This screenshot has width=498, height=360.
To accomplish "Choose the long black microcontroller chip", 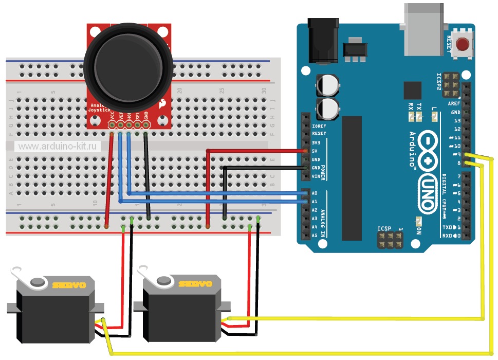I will [352, 177].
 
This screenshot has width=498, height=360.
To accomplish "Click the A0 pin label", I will [314, 193].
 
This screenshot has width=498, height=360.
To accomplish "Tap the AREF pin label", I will [455, 104].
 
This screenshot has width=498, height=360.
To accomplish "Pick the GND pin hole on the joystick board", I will [146, 124].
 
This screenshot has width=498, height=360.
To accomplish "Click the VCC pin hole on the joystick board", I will [112, 124].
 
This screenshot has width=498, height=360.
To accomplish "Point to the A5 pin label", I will [314, 236].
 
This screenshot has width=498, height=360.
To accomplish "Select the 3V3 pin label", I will [316, 142].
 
